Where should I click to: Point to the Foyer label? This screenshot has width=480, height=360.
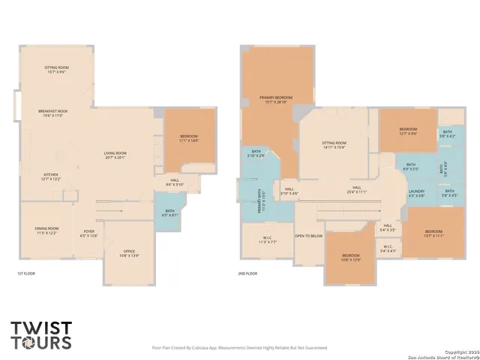coord(88,233)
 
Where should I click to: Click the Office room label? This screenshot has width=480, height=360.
coord(129,253)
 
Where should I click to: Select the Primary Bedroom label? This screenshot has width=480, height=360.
coord(276,99)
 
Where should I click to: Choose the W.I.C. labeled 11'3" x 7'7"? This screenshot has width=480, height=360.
coord(268,241)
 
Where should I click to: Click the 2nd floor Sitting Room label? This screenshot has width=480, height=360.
coord(334,145)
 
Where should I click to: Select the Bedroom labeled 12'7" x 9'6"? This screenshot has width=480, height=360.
coord(407,131)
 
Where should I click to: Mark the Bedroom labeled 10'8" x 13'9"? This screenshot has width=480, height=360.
coord(351,259)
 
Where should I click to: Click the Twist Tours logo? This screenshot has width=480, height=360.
coord(41,334)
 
